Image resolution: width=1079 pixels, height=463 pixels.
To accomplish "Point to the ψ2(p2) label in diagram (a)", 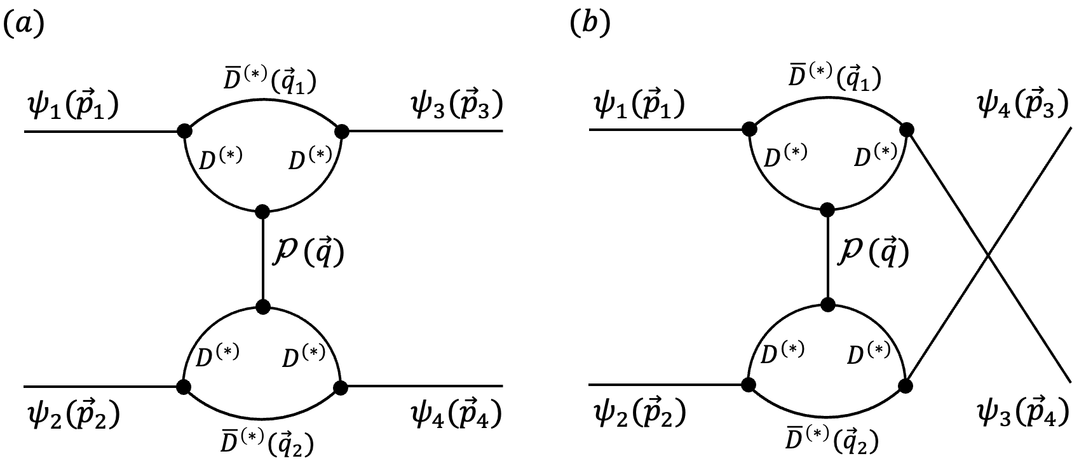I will [72, 415].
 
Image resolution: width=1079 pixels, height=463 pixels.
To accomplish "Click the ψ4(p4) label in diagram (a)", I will [456, 415].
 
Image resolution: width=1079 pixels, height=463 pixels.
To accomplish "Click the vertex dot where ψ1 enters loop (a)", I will [184, 132].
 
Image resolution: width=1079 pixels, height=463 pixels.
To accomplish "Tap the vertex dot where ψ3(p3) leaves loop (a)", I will [342, 132].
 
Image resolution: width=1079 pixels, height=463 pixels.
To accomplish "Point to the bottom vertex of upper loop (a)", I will [262, 211].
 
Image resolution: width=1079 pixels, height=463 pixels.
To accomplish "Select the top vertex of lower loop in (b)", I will [827, 305].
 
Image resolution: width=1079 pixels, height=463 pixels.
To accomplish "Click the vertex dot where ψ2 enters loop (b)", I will [749, 385].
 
